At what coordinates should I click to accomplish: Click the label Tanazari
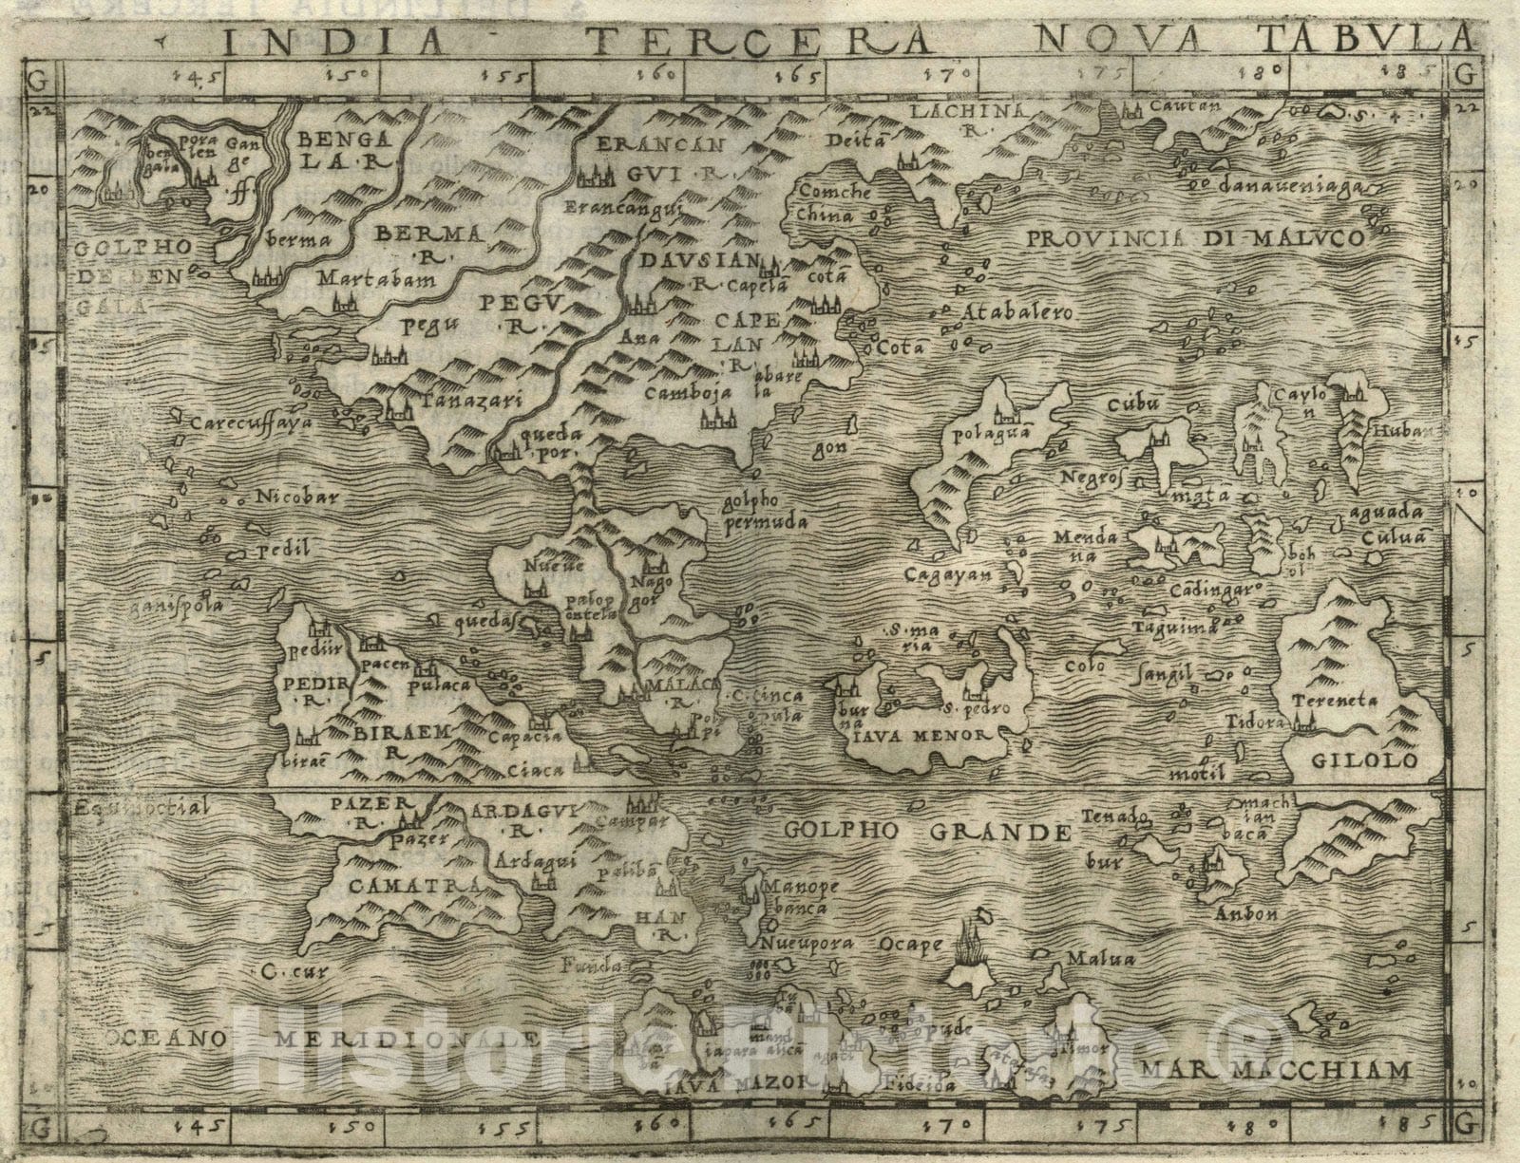[x=472, y=402]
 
